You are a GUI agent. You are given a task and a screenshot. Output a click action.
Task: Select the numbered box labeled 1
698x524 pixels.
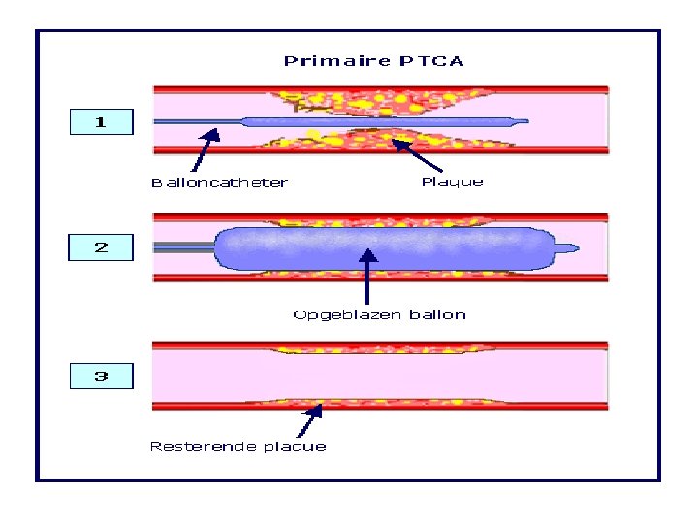pos(101,122)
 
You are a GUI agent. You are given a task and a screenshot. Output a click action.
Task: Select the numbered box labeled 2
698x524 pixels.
pos(101,247)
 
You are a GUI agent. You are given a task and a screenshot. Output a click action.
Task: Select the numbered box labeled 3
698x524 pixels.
pos(101,376)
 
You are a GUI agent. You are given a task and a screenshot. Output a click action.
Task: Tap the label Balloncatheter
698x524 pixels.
pos(219,182)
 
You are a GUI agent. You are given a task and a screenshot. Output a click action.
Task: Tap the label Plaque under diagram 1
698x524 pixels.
pos(452,181)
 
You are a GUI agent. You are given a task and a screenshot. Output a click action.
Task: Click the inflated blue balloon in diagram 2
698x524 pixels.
pos(378,248)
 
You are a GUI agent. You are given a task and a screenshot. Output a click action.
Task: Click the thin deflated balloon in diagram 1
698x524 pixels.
pos(378,123)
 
